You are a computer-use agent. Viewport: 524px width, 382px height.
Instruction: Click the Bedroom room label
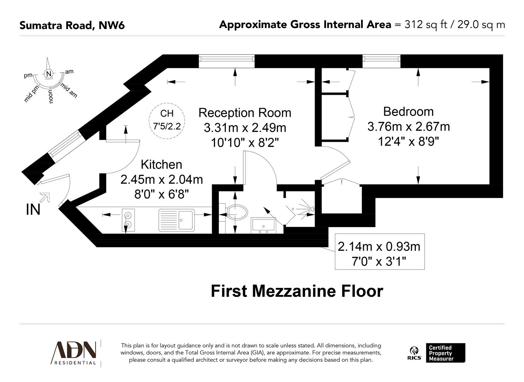(x=408, y=111)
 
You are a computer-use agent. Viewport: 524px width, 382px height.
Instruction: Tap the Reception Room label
(x=245, y=113)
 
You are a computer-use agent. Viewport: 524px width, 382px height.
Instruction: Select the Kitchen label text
(x=161, y=164)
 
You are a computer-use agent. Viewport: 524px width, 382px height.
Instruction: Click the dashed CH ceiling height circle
(x=167, y=119)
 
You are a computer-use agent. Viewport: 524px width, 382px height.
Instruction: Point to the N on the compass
(x=48, y=74)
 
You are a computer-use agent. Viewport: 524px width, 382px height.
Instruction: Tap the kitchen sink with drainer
(x=176, y=220)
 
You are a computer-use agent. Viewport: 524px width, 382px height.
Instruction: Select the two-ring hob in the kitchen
(x=128, y=220)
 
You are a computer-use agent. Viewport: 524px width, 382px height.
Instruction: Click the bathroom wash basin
(x=263, y=225)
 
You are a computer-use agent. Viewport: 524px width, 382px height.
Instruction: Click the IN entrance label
(x=33, y=209)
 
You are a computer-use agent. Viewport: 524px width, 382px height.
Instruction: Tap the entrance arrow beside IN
(x=45, y=197)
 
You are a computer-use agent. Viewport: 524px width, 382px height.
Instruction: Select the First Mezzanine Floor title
(x=297, y=291)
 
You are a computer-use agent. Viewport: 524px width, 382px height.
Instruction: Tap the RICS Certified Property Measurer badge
(x=437, y=353)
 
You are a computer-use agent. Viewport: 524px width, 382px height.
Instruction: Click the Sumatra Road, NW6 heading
(x=72, y=25)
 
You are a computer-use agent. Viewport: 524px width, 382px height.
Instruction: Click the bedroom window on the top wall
(x=381, y=61)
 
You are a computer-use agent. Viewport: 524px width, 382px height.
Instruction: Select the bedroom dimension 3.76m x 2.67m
(x=408, y=127)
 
